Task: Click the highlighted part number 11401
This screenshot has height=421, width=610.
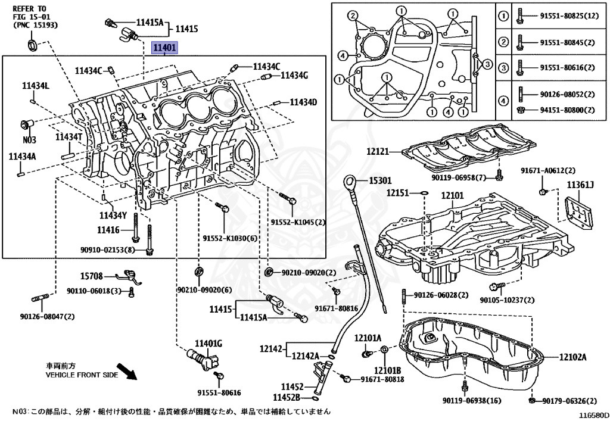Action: point(164,48)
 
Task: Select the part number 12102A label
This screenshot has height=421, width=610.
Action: point(572,357)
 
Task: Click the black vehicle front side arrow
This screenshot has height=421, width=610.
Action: point(127,371)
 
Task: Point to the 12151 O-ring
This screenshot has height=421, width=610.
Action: point(424,192)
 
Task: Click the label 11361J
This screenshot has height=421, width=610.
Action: point(580,185)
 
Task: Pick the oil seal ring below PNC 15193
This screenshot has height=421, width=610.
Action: point(32,45)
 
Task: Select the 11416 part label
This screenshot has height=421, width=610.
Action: point(108,230)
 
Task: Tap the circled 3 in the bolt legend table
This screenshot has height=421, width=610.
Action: point(504,68)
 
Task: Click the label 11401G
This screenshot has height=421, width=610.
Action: point(208,343)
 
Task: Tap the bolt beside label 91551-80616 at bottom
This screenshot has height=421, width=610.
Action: point(218,376)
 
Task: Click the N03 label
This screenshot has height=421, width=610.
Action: point(29,140)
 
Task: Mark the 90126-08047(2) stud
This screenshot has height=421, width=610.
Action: point(39,299)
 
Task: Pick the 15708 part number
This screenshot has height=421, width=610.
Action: point(91,276)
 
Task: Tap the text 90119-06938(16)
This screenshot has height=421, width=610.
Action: point(472,400)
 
